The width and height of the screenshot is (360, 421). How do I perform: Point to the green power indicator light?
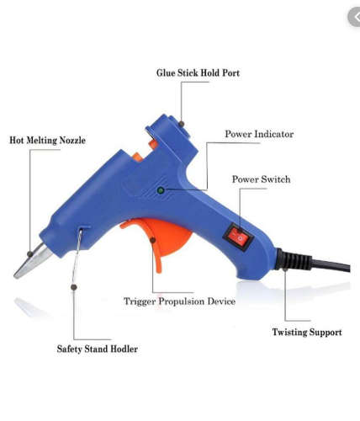coord(161,191)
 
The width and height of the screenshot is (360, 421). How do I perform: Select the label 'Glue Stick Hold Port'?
coord(198,73)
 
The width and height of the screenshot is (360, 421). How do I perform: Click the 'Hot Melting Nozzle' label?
coord(47,140)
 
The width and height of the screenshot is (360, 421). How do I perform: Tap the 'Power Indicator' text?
coord(258,135)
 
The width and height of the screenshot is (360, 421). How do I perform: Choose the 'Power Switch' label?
coord(262,179)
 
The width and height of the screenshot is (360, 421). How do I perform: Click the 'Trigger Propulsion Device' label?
coord(179,301)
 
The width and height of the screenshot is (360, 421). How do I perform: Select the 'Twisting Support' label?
coord(306,333)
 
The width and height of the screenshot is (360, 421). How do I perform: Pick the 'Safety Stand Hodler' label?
coord(97,349)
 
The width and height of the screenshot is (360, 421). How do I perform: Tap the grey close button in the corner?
coord(351,15)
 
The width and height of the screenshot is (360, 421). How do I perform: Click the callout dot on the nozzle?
coord(30,253)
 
